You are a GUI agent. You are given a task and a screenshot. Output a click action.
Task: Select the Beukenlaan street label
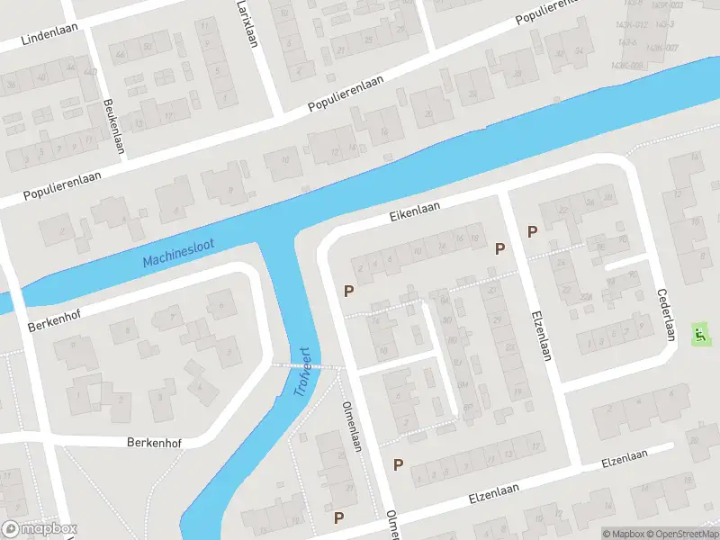pos(113,127)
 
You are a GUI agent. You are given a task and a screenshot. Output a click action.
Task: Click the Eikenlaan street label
pos(414,211)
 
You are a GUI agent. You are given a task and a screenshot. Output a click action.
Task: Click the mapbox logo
pos(40,528)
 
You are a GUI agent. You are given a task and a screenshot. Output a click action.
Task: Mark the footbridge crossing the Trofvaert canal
pos(306,365)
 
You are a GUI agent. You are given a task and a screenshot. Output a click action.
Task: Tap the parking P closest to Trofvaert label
pos(347,291)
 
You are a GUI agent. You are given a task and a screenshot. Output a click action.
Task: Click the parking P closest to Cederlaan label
pos(532,231)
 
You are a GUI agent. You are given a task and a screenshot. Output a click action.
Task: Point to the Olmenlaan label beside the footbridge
pos(351,426)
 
